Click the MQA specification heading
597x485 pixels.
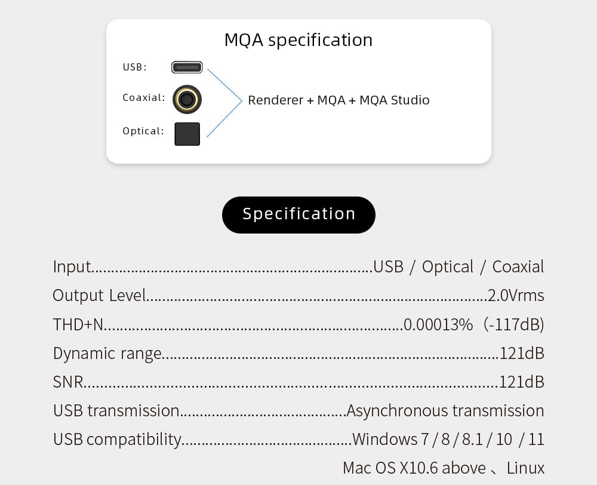[x=298, y=40]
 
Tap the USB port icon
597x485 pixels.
[x=187, y=67]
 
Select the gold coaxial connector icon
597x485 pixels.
[x=187, y=99]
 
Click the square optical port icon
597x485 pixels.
[x=187, y=134]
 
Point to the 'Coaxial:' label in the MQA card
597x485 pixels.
[x=143, y=97]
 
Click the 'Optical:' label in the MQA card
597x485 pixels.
[x=143, y=131]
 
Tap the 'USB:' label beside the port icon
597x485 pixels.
[x=134, y=67]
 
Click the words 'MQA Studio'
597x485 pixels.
[x=394, y=100]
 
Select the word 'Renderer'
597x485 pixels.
[x=275, y=100]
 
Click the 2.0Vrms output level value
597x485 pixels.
[x=516, y=295]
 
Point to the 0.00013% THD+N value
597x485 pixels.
[x=438, y=324]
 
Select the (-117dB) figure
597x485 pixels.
[x=515, y=324]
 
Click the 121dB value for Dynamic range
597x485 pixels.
[x=522, y=353]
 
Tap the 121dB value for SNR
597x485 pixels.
[x=522, y=382]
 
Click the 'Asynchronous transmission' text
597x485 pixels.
[x=445, y=410]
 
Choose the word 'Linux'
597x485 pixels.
[x=525, y=468]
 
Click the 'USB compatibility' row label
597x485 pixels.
[x=117, y=440]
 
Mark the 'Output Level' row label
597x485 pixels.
[x=99, y=295]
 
